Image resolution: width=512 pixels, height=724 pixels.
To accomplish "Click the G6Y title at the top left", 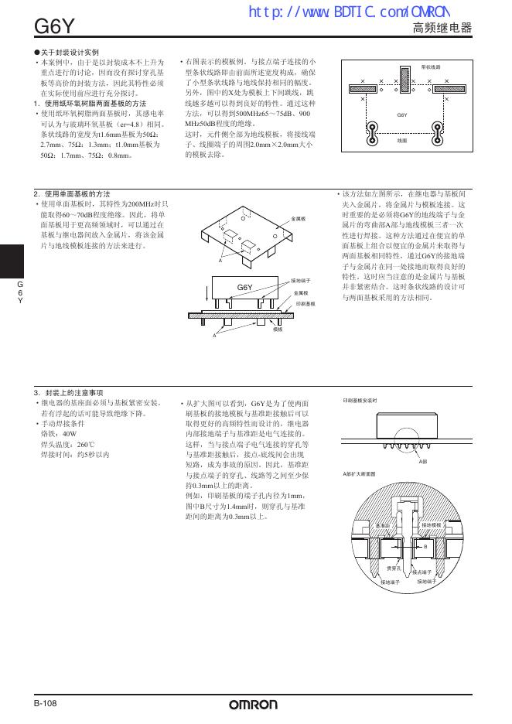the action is click(53, 27).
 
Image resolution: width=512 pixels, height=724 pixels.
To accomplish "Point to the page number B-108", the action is click(46, 703).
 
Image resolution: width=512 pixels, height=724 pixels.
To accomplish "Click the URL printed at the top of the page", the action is click(348, 12).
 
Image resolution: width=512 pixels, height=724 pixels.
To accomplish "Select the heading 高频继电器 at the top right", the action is click(442, 29).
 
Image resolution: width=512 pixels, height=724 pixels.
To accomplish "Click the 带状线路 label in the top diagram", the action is click(431, 67).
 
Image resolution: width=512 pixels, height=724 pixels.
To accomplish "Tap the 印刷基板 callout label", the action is click(305, 304).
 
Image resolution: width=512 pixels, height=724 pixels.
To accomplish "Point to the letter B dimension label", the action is click(425, 547).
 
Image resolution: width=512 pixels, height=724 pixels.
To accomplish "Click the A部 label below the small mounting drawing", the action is click(422, 461).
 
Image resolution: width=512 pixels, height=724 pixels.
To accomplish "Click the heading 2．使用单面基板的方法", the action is click(71, 193).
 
